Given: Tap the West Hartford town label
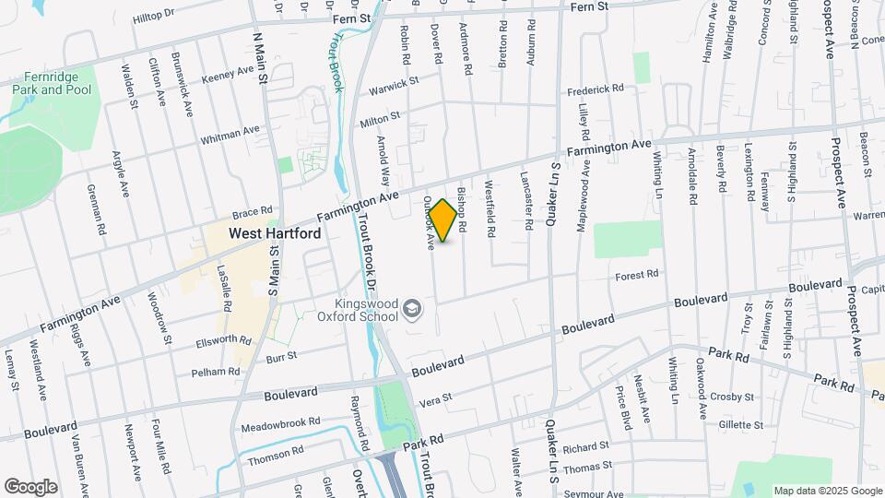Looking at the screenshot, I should (275, 234).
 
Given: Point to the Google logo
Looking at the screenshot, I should (30, 487).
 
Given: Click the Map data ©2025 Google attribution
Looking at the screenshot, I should (827, 491).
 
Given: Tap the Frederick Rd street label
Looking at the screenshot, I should (596, 89).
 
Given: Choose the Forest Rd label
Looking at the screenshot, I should (637, 275).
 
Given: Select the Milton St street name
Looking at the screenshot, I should (381, 119).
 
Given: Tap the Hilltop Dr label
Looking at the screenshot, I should (153, 17).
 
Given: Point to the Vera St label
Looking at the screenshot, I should (435, 398).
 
